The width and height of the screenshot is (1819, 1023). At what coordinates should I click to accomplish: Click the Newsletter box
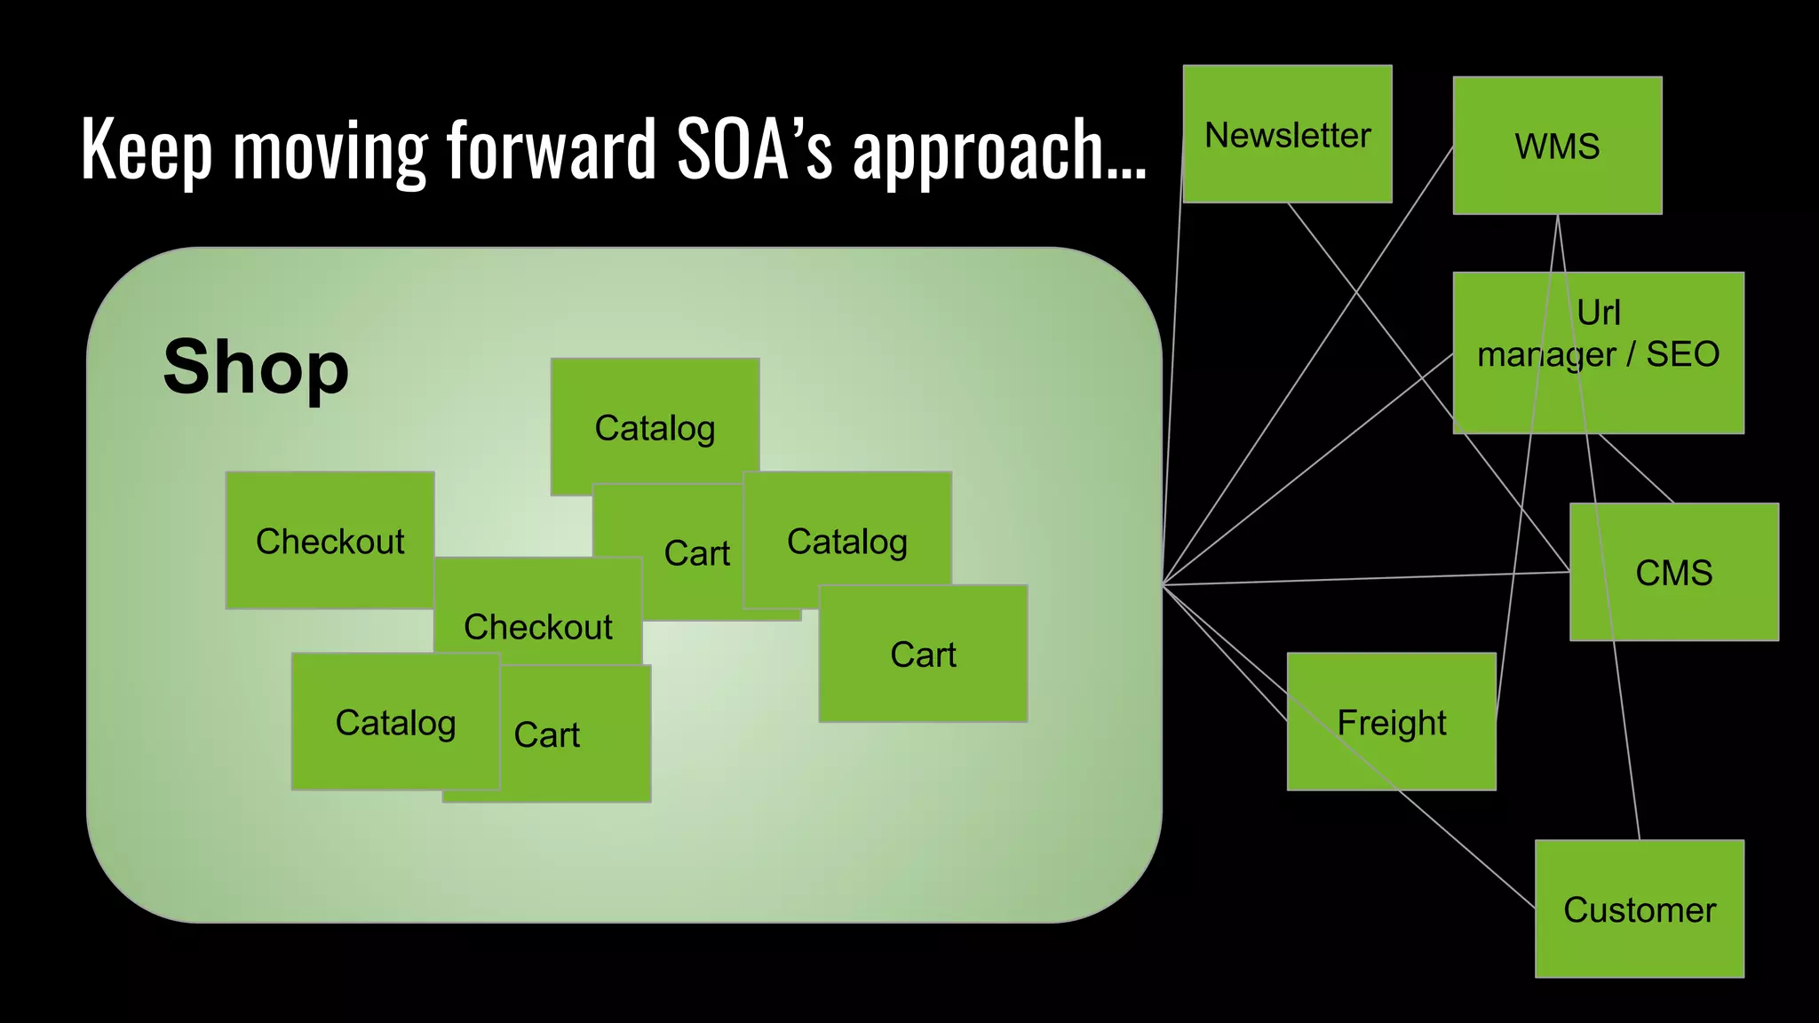pos(1287,134)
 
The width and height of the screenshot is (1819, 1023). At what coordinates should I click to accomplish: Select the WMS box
pos(1557,146)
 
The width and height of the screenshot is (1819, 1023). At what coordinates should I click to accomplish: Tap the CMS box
pos(1673,572)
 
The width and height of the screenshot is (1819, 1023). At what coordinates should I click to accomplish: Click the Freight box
pos(1391,722)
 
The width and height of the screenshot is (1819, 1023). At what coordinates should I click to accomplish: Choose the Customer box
pos(1639,909)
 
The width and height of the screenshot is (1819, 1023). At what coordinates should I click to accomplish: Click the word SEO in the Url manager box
pos(1682,354)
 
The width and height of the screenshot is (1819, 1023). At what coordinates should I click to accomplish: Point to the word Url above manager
pos(1598,313)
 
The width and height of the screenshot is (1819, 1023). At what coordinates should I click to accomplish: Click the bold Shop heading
pos(256,367)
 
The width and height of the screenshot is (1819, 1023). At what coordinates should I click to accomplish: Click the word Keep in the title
pos(147,149)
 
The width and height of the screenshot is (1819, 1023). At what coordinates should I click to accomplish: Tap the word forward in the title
pos(551,149)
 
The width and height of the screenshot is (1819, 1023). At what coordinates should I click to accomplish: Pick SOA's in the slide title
pos(754,149)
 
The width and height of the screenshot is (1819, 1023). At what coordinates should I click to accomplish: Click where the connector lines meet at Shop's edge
pos(1163,584)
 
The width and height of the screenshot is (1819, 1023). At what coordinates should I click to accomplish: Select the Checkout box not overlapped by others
pos(330,540)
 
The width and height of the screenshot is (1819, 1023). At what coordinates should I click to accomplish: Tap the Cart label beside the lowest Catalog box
pos(547,734)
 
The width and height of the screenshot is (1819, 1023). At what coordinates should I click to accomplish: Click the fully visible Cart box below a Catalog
pos(923,654)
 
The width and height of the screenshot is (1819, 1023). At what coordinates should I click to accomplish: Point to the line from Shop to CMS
pos(1368,579)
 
